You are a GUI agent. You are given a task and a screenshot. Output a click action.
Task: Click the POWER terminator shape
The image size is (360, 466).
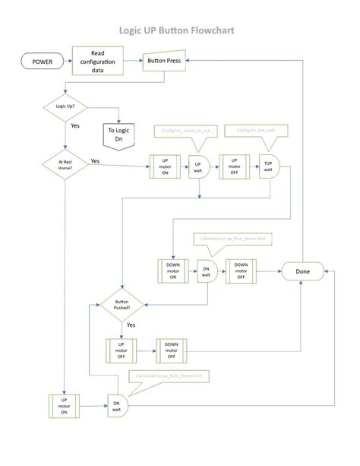(41, 60)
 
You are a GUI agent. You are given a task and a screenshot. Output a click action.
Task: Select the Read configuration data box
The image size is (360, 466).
(97, 60)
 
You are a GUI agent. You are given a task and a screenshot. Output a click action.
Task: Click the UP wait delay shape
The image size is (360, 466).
(199, 166)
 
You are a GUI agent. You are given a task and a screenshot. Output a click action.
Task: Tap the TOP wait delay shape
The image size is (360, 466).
(269, 166)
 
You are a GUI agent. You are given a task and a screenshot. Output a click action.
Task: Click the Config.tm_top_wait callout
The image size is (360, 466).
(255, 131)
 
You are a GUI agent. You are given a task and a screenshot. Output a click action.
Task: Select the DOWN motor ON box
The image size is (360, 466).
(171, 270)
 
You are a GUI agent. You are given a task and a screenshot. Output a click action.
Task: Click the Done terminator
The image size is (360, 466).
(301, 270)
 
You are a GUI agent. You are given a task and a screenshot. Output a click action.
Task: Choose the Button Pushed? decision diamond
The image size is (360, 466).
(122, 306)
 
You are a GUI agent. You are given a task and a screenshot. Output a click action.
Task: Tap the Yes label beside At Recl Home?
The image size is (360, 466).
(95, 161)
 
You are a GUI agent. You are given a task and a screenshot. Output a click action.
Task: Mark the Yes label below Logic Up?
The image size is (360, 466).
(75, 125)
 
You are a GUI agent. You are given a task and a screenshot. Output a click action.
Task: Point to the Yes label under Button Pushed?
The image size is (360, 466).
(131, 325)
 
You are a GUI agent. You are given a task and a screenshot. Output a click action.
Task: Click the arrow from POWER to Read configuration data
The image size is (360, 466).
(64, 60)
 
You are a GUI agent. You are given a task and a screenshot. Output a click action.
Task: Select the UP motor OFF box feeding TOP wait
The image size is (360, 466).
(234, 166)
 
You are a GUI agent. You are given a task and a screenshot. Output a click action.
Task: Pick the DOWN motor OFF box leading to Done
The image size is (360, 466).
(241, 270)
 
